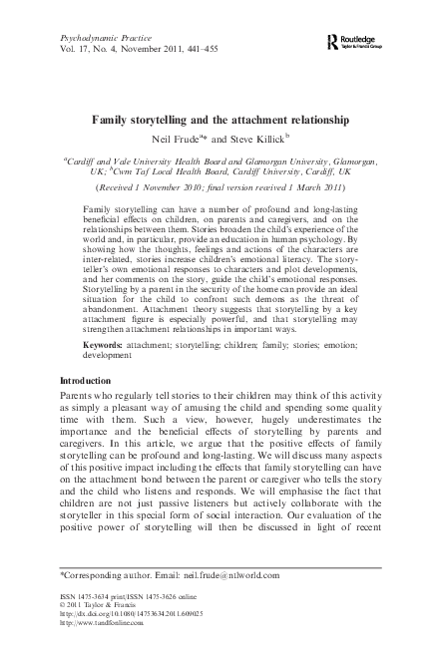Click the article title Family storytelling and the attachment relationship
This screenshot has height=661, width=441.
tap(220, 120)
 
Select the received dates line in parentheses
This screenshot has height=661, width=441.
tap(220, 186)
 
